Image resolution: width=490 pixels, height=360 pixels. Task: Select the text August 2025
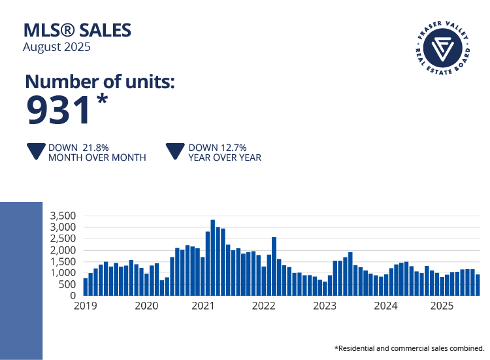[x=57, y=47]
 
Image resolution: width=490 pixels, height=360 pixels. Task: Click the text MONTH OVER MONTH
[x=97, y=157]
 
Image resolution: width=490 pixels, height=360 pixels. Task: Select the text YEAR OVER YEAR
[x=225, y=157]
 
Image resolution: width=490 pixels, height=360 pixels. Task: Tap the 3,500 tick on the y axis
[x=63, y=216]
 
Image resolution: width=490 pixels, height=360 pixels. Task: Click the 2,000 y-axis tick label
[x=63, y=250]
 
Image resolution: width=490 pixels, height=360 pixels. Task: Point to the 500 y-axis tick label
[x=68, y=285]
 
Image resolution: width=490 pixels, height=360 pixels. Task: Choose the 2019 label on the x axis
[x=86, y=305]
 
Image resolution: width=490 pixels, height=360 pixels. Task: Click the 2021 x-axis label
[x=205, y=305]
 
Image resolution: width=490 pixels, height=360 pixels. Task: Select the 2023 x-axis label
[x=325, y=305]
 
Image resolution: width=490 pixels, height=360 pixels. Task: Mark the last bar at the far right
[x=477, y=285]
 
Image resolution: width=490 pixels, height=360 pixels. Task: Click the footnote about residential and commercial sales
[x=410, y=348]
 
